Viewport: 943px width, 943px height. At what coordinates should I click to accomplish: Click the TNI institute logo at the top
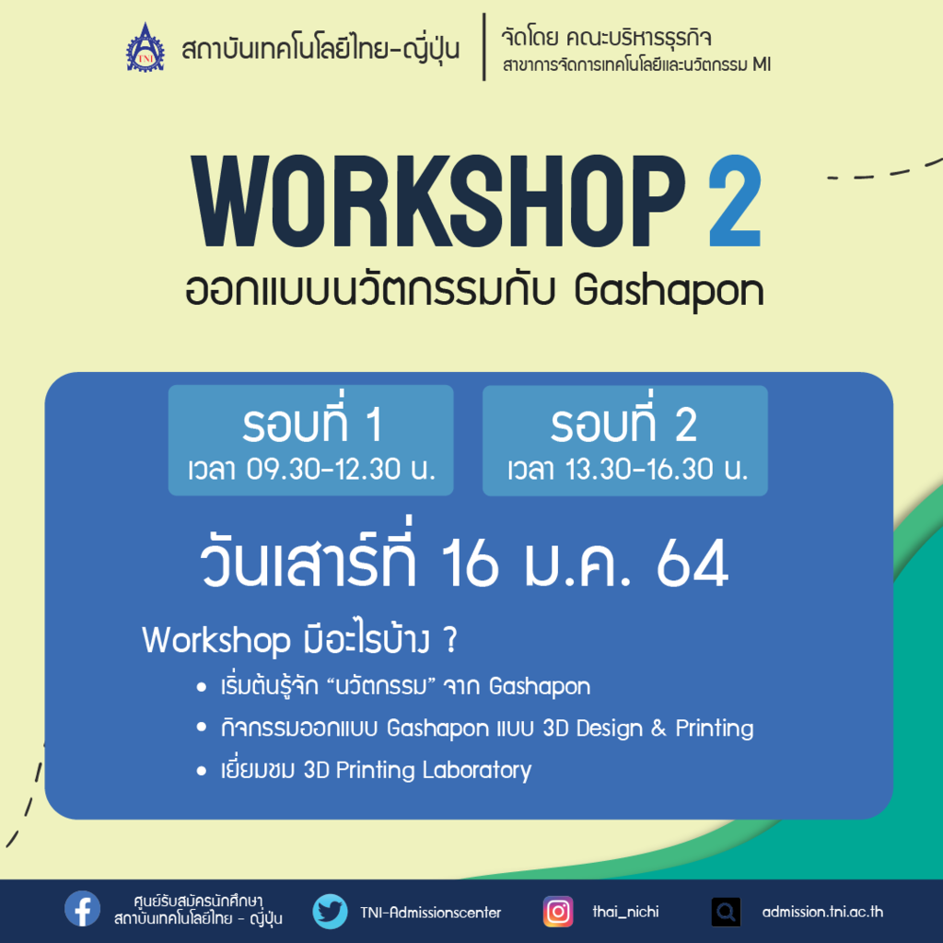[145, 48]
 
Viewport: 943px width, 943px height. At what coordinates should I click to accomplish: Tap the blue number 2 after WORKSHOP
[735, 201]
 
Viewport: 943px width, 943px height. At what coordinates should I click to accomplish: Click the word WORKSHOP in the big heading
[438, 201]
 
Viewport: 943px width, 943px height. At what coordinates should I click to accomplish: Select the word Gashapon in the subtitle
[669, 293]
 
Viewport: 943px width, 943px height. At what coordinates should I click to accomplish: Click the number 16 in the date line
[470, 563]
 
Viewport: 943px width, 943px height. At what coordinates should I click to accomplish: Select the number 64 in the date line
[693, 563]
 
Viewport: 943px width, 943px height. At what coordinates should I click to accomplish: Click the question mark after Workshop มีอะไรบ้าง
[450, 640]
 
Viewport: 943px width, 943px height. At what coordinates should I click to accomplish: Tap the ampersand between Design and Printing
[658, 728]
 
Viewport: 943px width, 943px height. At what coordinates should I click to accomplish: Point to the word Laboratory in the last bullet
[477, 771]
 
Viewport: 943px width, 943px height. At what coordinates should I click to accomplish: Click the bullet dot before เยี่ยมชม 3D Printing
[202, 772]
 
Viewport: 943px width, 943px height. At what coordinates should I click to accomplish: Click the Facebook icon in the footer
[82, 909]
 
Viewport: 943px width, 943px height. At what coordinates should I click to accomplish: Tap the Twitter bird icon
[331, 911]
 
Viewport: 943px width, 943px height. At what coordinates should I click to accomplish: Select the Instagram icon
[558, 912]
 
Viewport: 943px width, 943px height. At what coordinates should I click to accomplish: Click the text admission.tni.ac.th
[822, 913]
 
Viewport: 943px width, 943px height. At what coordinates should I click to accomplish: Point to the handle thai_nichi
[625, 913]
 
